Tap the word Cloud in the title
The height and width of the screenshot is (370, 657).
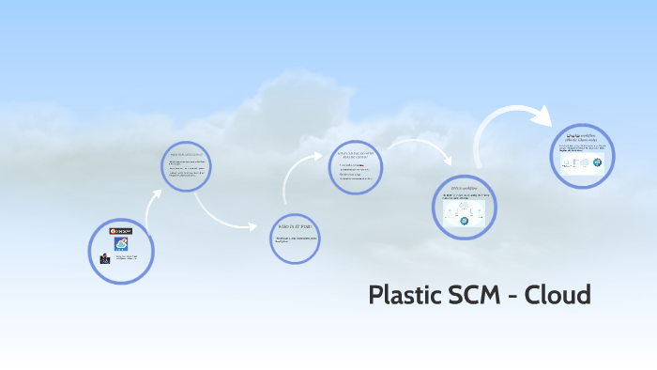[558, 295]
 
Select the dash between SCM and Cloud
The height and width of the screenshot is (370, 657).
[514, 297]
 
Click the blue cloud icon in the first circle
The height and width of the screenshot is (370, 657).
[121, 243]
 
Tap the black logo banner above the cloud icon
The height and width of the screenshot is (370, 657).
[121, 230]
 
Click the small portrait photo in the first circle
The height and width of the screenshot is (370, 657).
[105, 257]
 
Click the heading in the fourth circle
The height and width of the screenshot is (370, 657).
[356, 154]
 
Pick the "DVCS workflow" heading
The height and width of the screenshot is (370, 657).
[464, 189]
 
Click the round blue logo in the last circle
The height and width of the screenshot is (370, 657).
[598, 161]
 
